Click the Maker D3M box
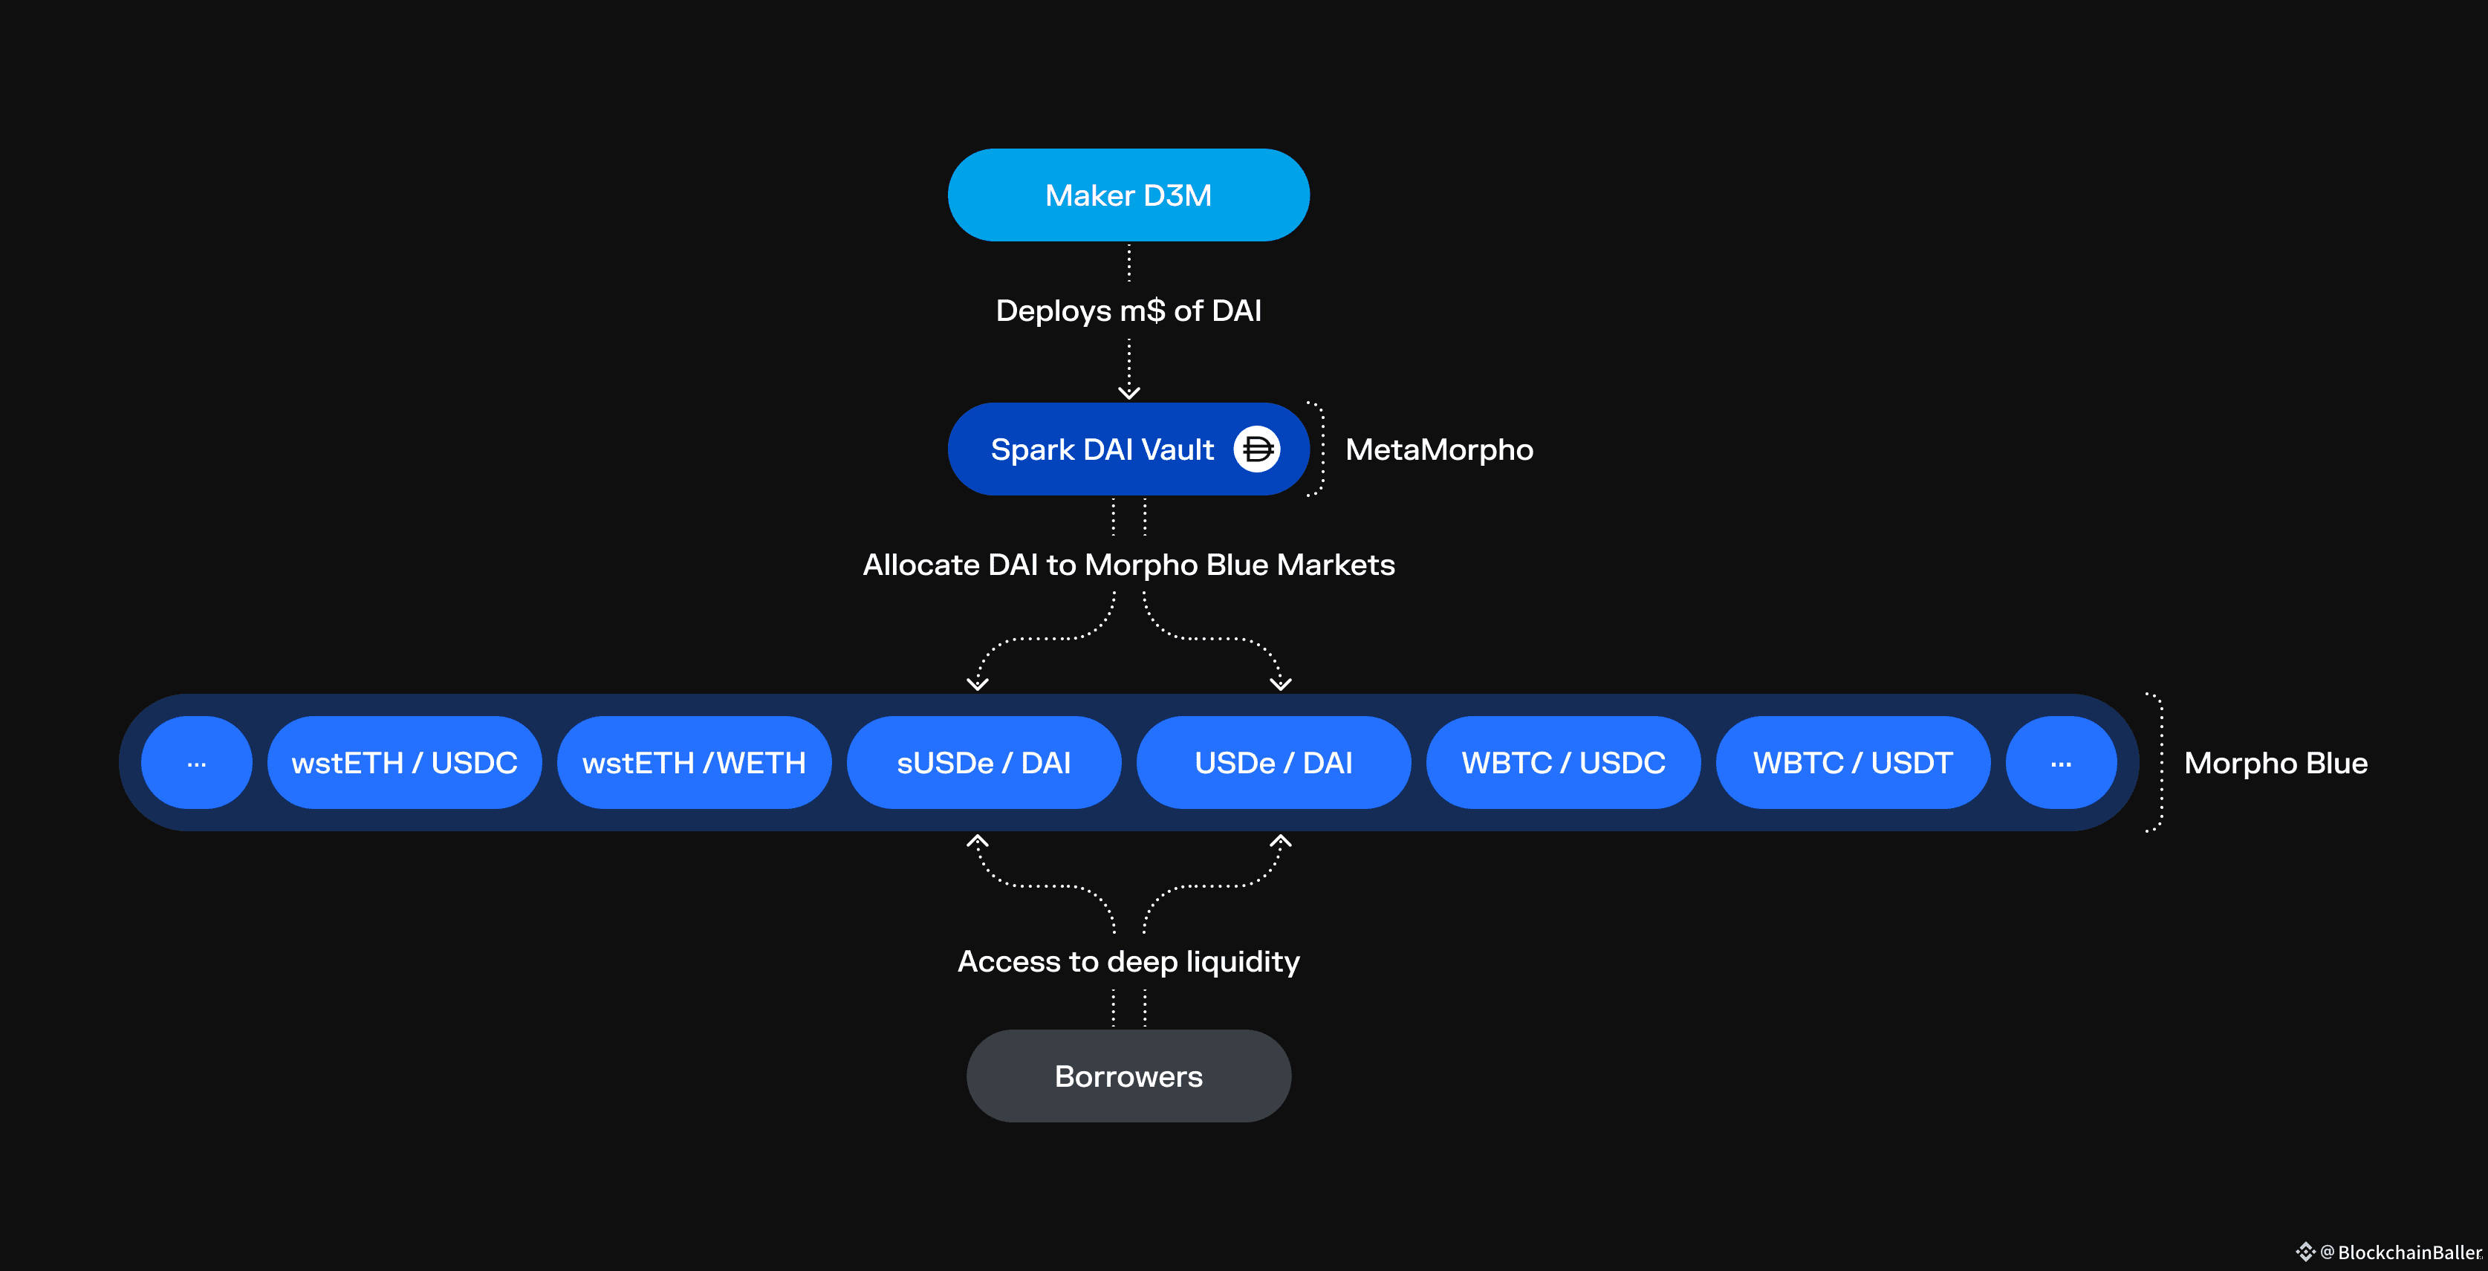pyautogui.click(x=1128, y=195)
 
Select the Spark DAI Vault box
pyautogui.click(x=1101, y=449)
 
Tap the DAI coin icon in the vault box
pyautogui.click(x=1256, y=449)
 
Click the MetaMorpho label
pyautogui.click(x=1438, y=450)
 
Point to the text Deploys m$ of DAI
pyautogui.click(x=1128, y=311)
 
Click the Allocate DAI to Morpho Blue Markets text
pyautogui.click(x=1128, y=565)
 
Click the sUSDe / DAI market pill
pyautogui.click(x=983, y=763)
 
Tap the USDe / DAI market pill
pyautogui.click(x=1273, y=763)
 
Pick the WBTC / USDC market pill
pyautogui.click(x=1563, y=763)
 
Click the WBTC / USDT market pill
pyautogui.click(x=1853, y=763)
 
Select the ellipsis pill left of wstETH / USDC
pyautogui.click(x=196, y=763)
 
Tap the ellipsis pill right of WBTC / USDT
pyautogui.click(x=2060, y=763)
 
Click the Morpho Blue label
pyautogui.click(x=2276, y=763)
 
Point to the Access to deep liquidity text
pyautogui.click(x=1128, y=962)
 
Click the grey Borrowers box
pyautogui.click(x=1128, y=1076)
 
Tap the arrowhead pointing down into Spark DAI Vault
pyautogui.click(x=1128, y=392)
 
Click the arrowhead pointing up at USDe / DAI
pyautogui.click(x=1281, y=841)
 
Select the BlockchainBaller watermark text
pyautogui.click(x=2408, y=1252)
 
